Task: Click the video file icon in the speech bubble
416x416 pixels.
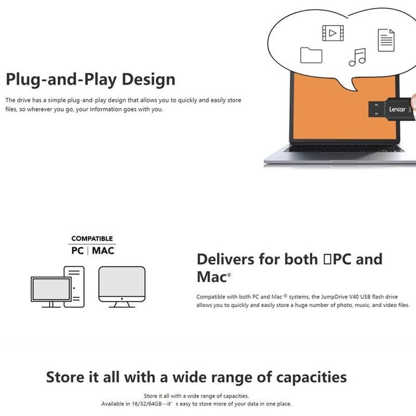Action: point(333,33)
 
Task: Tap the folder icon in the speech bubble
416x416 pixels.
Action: point(311,55)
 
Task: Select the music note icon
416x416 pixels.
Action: point(357,57)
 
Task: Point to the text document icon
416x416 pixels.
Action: point(386,40)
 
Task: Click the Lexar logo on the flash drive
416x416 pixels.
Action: point(397,109)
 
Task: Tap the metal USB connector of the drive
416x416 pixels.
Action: point(376,109)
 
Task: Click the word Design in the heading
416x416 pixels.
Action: point(148,79)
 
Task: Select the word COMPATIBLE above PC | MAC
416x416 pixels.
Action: point(92,238)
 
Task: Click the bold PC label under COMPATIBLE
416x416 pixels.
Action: point(77,250)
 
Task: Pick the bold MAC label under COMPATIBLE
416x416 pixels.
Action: point(103,250)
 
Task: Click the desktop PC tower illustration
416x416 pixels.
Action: point(74,287)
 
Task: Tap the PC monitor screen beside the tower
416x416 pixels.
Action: point(51,289)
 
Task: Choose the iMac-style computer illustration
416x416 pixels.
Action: point(122,287)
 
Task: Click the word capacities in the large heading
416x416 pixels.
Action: point(312,377)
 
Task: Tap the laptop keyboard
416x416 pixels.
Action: point(344,148)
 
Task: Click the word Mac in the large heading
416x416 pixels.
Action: point(211,277)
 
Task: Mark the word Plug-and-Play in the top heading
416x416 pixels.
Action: point(61,80)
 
